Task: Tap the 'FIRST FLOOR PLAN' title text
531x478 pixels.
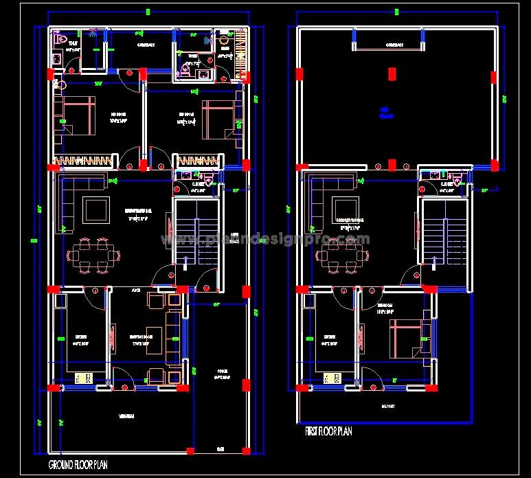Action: click(328, 431)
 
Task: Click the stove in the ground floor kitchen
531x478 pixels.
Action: click(84, 377)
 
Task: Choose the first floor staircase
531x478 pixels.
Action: click(440, 232)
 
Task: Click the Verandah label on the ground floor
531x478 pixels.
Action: click(126, 417)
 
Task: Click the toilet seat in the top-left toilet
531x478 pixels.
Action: click(58, 38)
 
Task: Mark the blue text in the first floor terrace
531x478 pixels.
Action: click(385, 112)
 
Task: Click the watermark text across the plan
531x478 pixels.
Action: click(265, 240)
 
